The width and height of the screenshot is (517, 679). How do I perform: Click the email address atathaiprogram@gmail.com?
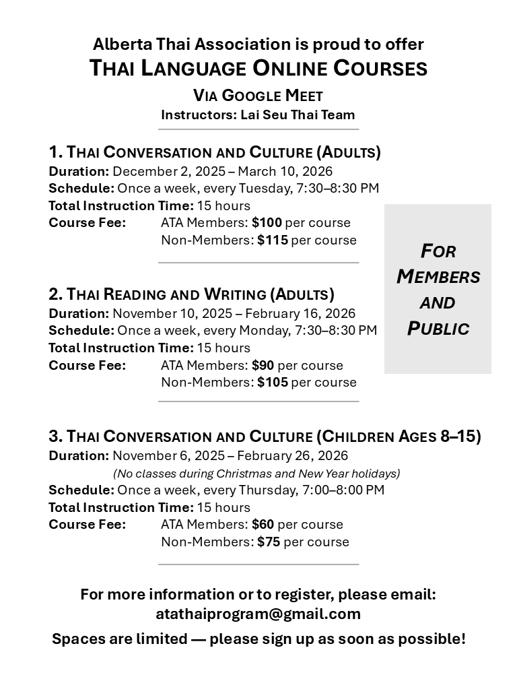point(258,614)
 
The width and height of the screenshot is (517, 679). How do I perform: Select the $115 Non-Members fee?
point(272,240)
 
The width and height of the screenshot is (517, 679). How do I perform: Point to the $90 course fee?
point(263,366)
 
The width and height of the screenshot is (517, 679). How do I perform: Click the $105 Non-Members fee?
point(272,383)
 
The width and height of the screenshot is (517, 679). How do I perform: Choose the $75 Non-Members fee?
point(269,542)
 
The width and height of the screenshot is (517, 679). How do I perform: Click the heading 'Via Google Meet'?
point(258,95)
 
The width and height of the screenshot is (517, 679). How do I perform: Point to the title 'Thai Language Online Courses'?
point(258,68)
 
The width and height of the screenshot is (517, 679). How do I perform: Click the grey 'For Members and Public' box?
point(438,289)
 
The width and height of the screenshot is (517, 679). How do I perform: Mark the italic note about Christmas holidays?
point(256,473)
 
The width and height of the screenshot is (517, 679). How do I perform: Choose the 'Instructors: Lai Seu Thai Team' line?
point(258,115)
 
